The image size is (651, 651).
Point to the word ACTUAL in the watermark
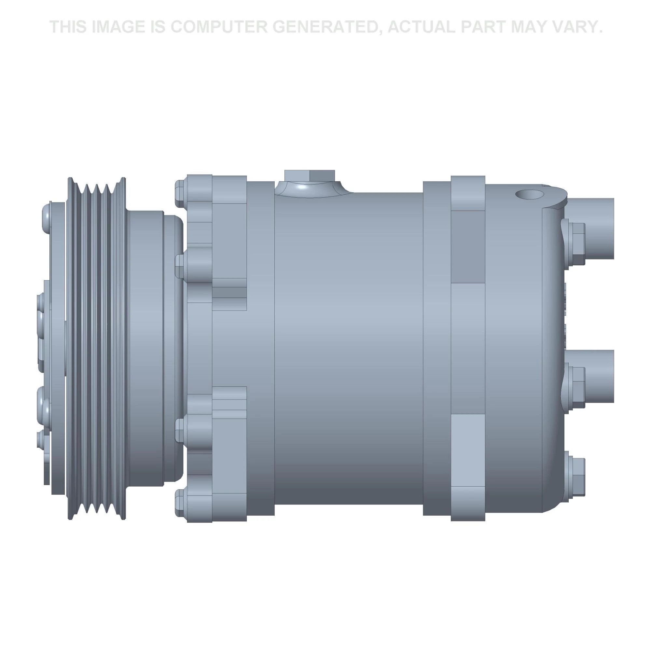422,27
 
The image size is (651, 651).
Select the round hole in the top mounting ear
529,194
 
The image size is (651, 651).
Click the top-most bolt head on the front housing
180,193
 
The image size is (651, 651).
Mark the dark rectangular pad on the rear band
468,247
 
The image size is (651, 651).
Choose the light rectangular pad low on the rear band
468,450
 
